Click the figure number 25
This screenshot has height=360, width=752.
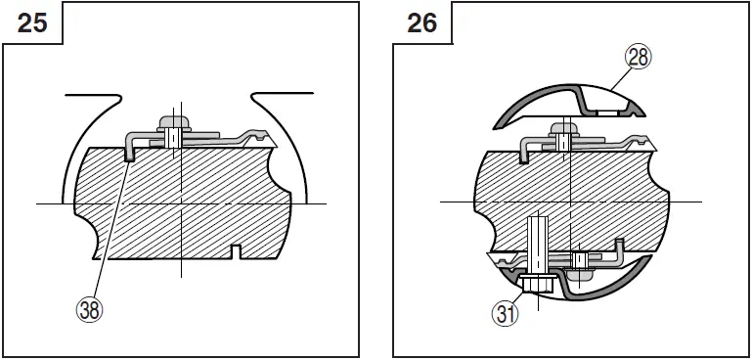tap(33, 22)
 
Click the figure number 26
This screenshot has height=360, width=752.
tap(422, 22)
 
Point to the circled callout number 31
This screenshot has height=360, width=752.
tap(505, 314)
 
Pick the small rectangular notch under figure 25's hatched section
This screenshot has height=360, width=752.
tap(234, 253)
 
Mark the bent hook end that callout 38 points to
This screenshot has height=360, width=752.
tap(130, 150)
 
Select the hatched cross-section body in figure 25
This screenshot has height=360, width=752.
tap(186, 201)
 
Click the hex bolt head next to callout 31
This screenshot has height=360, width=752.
tap(535, 285)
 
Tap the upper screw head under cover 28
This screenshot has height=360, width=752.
tap(563, 128)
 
